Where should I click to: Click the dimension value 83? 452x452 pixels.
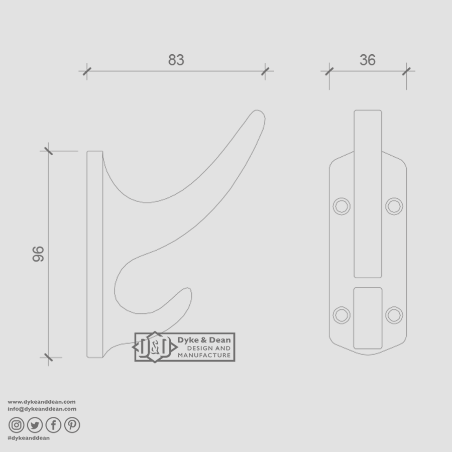[x=176, y=60]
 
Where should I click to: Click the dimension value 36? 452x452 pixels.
[x=368, y=60]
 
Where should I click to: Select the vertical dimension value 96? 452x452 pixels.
[x=38, y=254]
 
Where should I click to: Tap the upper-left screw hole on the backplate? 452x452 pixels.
[x=342, y=205]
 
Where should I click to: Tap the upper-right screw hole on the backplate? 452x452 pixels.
[x=394, y=205]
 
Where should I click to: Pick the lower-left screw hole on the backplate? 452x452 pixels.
[x=342, y=314]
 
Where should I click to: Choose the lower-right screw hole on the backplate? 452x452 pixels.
[x=394, y=314]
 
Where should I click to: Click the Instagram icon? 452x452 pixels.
[x=16, y=425]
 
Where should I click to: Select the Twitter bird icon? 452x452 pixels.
[x=35, y=425]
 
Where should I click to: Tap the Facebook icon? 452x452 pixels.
[x=53, y=425]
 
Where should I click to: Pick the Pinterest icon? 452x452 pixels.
[x=72, y=425]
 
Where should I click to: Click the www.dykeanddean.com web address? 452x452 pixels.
[x=42, y=402]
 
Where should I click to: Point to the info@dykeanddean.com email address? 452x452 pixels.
[x=42, y=409]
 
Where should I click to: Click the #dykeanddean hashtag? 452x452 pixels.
[x=29, y=438]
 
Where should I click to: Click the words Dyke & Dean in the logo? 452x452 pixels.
[x=204, y=340]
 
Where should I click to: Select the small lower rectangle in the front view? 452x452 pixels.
[x=368, y=318]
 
